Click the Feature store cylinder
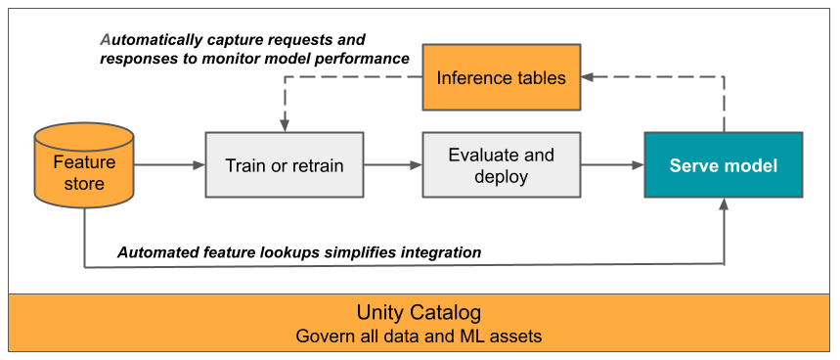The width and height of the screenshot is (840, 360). point(84,172)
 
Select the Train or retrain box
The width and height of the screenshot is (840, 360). point(285,165)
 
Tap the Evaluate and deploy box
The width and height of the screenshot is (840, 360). point(501,165)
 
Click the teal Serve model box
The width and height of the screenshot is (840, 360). point(724,165)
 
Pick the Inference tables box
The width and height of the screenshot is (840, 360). point(501,78)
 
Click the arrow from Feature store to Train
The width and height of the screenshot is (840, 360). point(168,165)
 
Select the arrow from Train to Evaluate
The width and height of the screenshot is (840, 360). point(393,165)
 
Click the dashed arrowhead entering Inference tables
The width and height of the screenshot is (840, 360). point(588,78)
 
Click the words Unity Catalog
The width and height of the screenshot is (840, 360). point(420,313)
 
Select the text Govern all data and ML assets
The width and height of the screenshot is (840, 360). point(420,336)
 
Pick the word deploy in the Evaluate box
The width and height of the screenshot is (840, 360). point(501,176)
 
